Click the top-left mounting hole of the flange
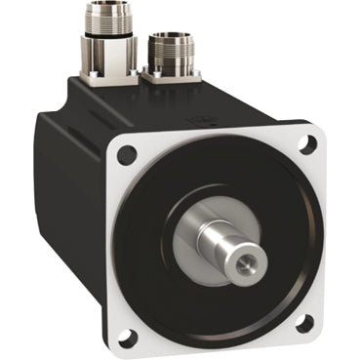(125, 153)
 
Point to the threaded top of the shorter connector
(173, 41)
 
